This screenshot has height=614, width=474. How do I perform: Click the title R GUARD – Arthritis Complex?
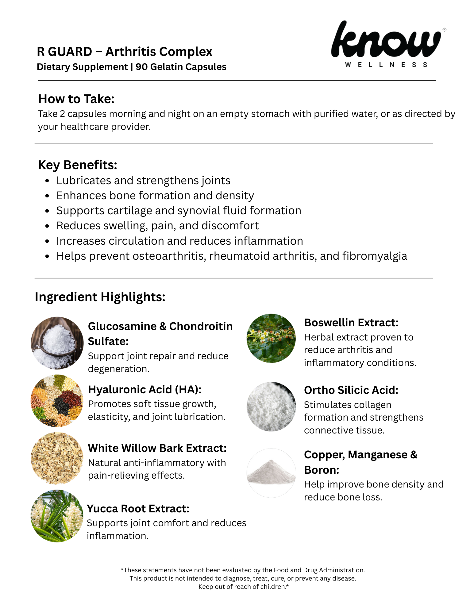(x=124, y=52)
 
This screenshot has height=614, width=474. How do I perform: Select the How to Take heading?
(x=76, y=99)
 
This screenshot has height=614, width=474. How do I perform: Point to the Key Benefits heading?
(x=77, y=165)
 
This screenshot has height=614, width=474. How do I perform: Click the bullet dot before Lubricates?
(x=47, y=181)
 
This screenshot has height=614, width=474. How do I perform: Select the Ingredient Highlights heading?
(x=100, y=297)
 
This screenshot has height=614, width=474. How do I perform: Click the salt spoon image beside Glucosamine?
(x=57, y=343)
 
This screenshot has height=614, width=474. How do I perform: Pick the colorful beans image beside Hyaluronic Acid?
(x=57, y=401)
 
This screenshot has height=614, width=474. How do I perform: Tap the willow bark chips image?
(x=57, y=458)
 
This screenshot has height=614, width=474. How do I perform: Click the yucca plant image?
(x=57, y=516)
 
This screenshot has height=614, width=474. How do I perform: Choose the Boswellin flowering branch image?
(x=271, y=338)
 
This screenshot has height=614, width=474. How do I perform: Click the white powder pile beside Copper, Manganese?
(x=271, y=473)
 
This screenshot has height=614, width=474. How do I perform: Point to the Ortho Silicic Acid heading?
(x=351, y=390)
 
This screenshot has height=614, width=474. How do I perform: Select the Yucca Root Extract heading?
(x=138, y=509)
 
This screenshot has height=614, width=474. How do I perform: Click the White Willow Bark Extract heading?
(x=157, y=448)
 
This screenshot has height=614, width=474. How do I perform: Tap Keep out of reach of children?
(x=243, y=587)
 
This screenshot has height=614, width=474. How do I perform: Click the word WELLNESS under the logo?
(x=386, y=65)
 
